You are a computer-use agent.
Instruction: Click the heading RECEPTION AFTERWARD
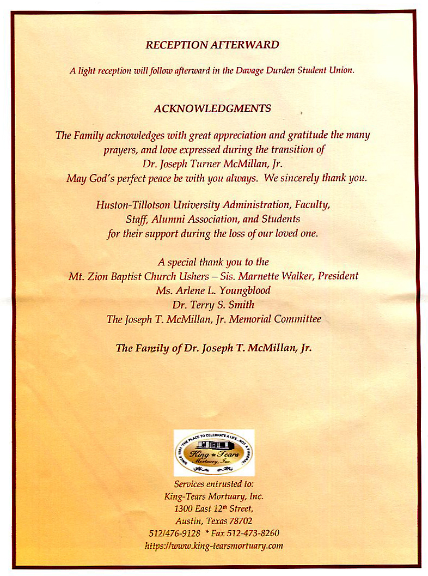pyautogui.click(x=212, y=45)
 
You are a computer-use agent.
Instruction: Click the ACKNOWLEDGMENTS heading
pyautogui.click(x=212, y=108)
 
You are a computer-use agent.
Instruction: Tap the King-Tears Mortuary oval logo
pyautogui.click(x=214, y=452)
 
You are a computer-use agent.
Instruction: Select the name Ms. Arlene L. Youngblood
pyautogui.click(x=213, y=290)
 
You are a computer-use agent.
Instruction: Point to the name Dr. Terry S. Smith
pyautogui.click(x=213, y=305)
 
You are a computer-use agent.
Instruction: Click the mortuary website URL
pyautogui.click(x=214, y=545)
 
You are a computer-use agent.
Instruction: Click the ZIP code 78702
pyautogui.click(x=239, y=521)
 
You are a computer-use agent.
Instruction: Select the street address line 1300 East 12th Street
pyautogui.click(x=213, y=508)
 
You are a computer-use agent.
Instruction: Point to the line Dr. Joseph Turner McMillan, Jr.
pyautogui.click(x=213, y=163)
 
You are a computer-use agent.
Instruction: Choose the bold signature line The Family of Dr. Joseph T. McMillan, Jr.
pyautogui.click(x=213, y=348)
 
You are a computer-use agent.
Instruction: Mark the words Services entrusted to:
pyautogui.click(x=213, y=484)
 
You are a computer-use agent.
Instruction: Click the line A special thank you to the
pyautogui.click(x=213, y=262)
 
